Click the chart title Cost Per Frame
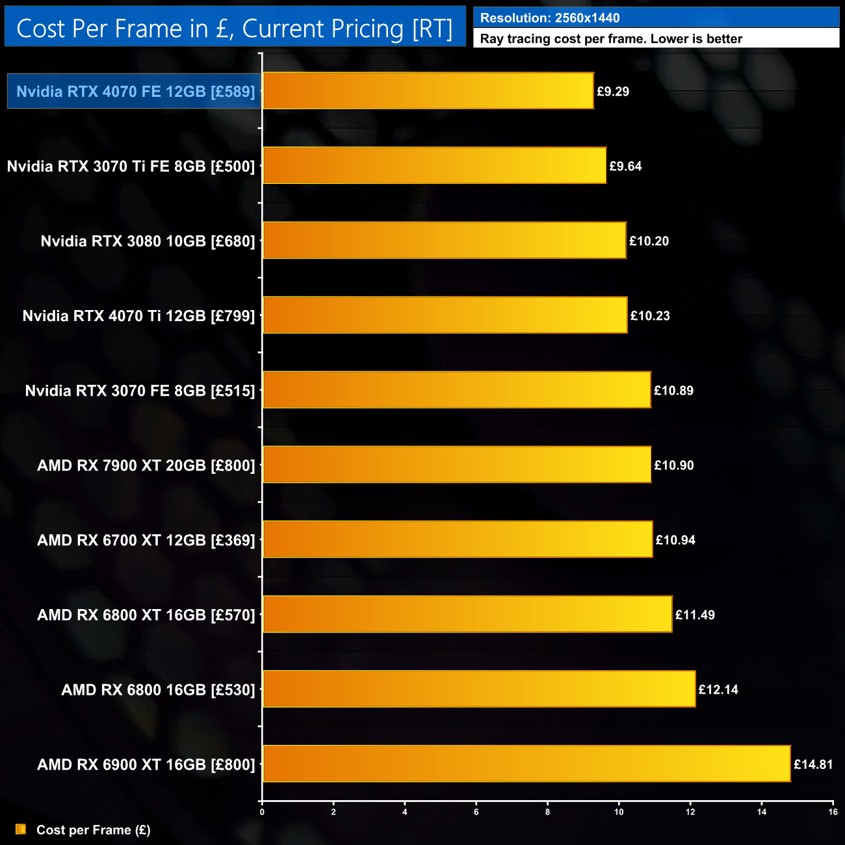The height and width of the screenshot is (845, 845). coord(234,29)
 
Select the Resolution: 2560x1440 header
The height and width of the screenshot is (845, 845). coord(550,18)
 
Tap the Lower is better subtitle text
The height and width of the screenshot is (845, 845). coord(611,39)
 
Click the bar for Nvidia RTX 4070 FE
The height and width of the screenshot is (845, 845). coord(428,91)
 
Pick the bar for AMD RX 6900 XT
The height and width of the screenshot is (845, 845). coord(526,764)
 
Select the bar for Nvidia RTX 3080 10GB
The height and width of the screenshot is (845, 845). coord(444,240)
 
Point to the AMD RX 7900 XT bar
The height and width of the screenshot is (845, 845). coord(456,465)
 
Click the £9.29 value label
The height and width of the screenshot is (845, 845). coord(613,92)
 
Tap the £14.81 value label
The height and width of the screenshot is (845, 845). coord(812,764)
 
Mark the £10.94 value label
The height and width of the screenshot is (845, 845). coord(675,540)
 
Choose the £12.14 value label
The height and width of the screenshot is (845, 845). coord(718,690)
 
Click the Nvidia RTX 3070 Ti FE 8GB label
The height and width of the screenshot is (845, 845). coord(131,166)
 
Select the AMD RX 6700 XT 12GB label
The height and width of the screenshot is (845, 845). coord(146,540)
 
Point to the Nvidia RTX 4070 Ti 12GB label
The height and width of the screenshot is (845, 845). coord(138,316)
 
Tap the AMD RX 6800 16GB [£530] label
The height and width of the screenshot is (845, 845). coord(158,690)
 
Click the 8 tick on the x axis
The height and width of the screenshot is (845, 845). coord(547,812)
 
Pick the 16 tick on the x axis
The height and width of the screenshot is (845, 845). coord(833,812)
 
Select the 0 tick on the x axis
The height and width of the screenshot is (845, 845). coord(262,812)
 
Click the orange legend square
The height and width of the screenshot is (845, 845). coord(21,829)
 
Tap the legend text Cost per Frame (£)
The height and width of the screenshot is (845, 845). coord(93,830)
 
